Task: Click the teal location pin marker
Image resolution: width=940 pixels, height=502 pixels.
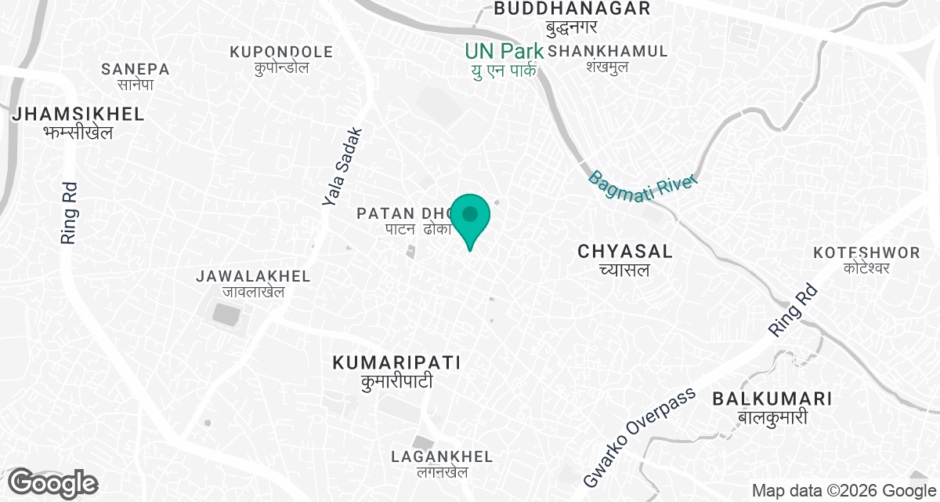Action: (x=470, y=216)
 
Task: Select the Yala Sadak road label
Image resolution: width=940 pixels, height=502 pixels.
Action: (x=343, y=167)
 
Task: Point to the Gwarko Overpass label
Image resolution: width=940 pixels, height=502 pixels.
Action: (x=640, y=436)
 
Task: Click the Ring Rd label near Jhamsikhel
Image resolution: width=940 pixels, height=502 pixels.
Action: (x=69, y=214)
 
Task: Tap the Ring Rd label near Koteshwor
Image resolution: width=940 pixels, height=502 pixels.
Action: (x=793, y=311)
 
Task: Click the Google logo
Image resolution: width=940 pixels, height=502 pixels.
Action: (x=53, y=482)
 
